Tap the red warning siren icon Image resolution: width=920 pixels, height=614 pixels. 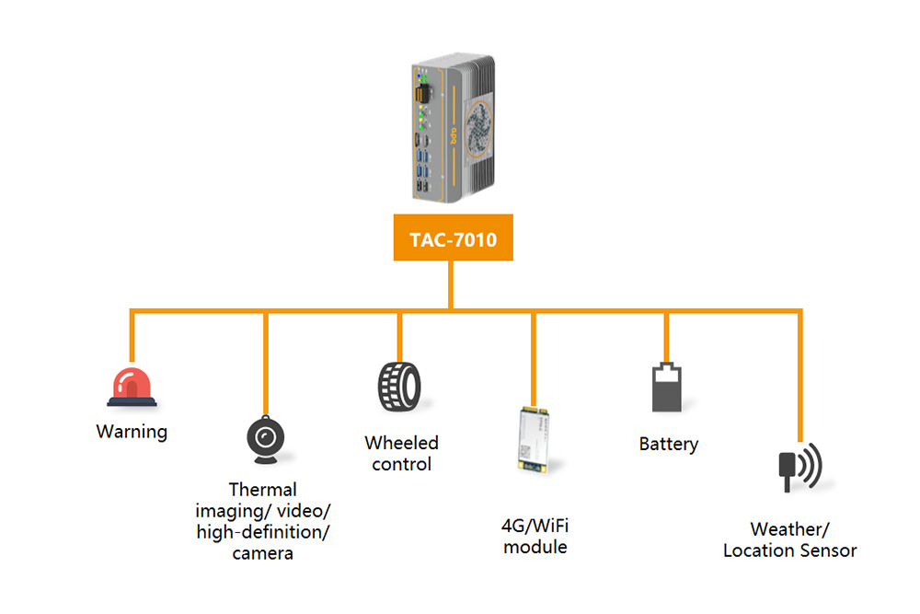[x=132, y=387]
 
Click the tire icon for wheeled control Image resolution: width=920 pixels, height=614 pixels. [x=398, y=386]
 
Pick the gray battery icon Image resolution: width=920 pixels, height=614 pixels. [x=668, y=387]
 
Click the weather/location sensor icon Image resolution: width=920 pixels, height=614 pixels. [x=798, y=469]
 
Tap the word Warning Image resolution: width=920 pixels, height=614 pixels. [x=132, y=431]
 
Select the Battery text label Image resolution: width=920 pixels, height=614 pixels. [x=669, y=444]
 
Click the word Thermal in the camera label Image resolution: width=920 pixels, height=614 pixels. [x=263, y=490]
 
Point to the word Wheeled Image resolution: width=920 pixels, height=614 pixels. [x=401, y=443]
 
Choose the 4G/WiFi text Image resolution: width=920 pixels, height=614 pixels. [x=534, y=526]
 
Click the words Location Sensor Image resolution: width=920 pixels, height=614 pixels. [x=789, y=550]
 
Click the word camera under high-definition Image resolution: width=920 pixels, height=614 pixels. [x=263, y=553]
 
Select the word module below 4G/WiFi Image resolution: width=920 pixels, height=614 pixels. [x=535, y=547]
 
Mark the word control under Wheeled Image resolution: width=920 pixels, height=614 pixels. [x=401, y=464]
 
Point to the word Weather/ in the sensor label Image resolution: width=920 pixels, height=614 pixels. [x=789, y=529]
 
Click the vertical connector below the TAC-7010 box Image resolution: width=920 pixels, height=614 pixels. [x=451, y=284]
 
